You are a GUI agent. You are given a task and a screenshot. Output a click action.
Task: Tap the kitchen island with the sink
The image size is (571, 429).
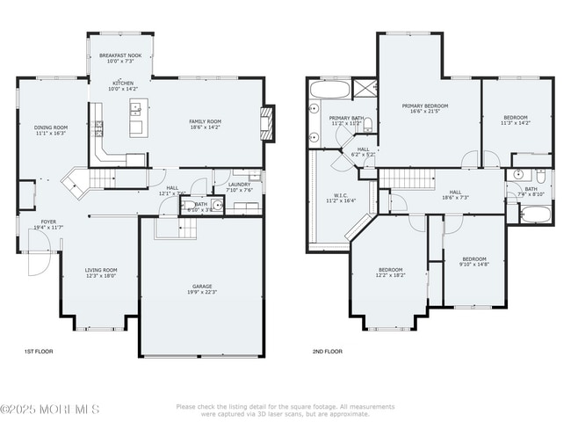click(x=136, y=118)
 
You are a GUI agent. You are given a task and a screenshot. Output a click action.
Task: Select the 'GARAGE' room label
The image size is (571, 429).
click(x=202, y=287)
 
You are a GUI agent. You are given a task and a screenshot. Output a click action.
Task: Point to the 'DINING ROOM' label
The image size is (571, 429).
click(x=51, y=127)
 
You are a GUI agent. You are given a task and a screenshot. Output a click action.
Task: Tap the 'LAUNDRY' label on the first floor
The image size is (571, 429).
click(x=239, y=185)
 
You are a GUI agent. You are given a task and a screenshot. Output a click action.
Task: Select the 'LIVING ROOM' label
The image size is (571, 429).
click(x=100, y=271)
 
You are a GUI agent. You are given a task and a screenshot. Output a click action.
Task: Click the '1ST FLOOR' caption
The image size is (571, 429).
click(x=39, y=351)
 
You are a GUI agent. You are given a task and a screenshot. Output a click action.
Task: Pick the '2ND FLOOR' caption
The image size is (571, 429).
click(x=327, y=351)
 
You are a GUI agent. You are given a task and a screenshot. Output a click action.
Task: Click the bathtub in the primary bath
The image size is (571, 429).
click(x=329, y=89)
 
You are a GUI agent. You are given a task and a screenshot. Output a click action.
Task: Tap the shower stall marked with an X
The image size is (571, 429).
click(x=364, y=89)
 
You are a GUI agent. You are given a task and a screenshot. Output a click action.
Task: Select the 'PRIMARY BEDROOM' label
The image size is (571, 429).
click(x=424, y=105)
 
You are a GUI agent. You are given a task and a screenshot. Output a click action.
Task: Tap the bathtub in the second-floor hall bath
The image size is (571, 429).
click(x=535, y=214)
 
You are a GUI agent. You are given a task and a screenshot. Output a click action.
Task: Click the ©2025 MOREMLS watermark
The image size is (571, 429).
click(x=50, y=409)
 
